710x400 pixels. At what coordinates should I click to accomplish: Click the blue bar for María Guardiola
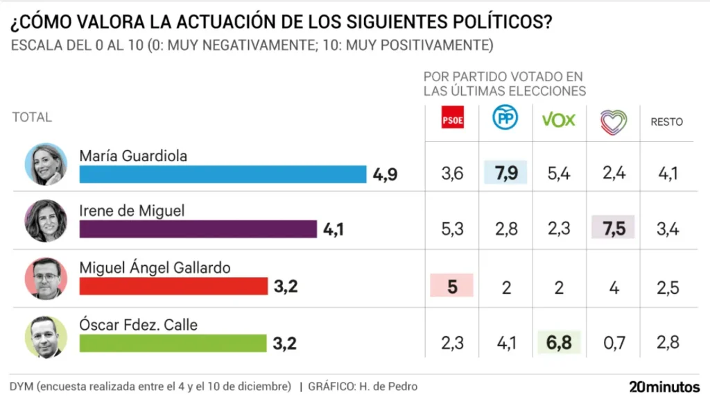(223, 174)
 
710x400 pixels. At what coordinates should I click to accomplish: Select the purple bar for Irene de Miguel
(198, 229)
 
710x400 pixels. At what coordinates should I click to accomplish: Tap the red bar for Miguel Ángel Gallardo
(173, 286)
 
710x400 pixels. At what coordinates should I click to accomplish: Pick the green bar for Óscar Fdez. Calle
(173, 343)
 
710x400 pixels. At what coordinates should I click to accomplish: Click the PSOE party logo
(452, 120)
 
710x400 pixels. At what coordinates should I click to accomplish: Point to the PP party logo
(505, 119)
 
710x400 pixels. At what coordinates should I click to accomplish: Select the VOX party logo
(558, 120)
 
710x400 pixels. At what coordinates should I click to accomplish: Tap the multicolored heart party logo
(613, 121)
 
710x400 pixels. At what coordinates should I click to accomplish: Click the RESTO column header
(666, 122)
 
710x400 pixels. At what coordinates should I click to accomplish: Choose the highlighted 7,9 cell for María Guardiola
(505, 172)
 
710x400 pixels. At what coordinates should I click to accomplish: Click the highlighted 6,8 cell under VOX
(559, 342)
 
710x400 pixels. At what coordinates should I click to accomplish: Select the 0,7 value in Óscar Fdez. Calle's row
(613, 342)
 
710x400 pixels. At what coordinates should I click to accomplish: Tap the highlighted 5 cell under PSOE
(452, 286)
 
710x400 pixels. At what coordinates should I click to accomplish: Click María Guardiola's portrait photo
(46, 165)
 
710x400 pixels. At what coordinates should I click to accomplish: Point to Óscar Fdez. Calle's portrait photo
(46, 337)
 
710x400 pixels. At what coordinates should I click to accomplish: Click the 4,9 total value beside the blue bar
(385, 174)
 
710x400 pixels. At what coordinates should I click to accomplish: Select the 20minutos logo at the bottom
(664, 387)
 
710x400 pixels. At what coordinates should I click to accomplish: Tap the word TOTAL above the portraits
(32, 117)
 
